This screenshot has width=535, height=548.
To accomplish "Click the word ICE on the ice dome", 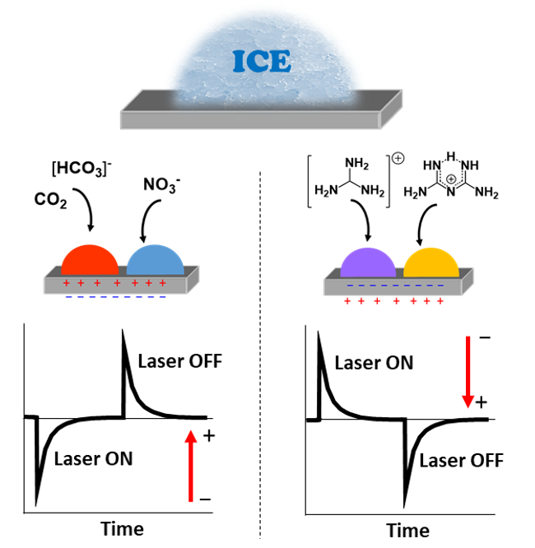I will [262, 62].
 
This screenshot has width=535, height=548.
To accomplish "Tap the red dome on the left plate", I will [90, 261].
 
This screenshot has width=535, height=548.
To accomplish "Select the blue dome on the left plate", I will [156, 261].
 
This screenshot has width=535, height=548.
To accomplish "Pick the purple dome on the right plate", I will [368, 263].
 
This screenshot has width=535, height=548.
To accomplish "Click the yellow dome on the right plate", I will [431, 263].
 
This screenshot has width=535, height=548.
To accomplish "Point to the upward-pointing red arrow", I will [191, 469].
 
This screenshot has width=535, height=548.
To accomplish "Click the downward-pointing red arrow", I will [468, 366].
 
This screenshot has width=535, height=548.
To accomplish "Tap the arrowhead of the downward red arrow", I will [468, 401].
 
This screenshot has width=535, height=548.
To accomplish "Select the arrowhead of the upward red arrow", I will [191, 437].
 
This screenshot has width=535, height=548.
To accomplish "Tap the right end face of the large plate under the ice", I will [391, 109].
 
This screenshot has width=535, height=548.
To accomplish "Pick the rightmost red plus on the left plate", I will [163, 283].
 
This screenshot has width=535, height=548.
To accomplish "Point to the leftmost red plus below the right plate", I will [347, 301].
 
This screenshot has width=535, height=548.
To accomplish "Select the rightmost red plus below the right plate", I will [440, 301].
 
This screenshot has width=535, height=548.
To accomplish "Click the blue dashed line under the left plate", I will [115, 297].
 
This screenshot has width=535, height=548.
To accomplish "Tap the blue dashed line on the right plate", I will [395, 286].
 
